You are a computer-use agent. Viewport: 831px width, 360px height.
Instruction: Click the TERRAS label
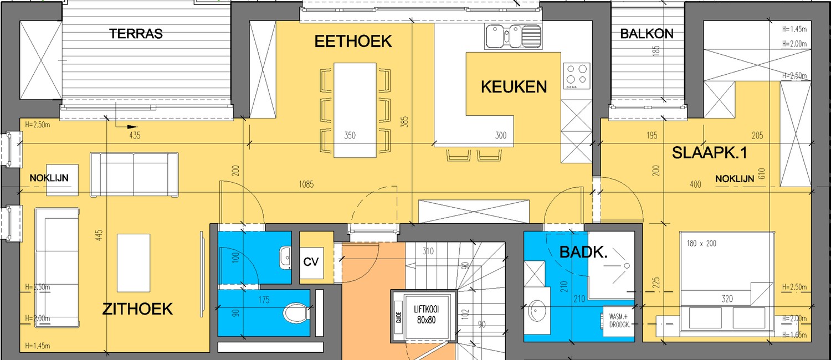tap(136, 34)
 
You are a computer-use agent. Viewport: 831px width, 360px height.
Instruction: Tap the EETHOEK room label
tap(353, 42)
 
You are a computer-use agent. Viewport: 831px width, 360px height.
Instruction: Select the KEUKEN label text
tap(514, 86)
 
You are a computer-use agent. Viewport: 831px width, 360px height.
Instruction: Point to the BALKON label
tap(647, 34)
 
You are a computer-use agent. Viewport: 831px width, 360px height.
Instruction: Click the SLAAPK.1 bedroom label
tap(709, 153)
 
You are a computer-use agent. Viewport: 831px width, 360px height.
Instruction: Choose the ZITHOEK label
tap(137, 309)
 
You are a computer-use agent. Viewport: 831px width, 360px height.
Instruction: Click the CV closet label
tap(312, 261)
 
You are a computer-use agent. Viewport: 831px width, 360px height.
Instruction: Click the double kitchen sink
tap(512, 37)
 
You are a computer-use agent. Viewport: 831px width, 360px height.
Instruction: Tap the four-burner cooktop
tap(576, 75)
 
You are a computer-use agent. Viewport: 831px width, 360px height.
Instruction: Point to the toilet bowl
tap(295, 314)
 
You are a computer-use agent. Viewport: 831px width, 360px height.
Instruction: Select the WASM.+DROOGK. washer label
tap(620, 321)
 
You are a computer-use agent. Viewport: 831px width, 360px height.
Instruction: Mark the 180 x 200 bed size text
tap(701, 243)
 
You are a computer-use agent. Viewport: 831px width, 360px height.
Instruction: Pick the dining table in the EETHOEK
tap(355, 109)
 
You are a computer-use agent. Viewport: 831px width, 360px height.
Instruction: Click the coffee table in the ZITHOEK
tap(134, 262)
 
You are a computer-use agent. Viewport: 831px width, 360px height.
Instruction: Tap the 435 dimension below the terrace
tap(134, 135)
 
